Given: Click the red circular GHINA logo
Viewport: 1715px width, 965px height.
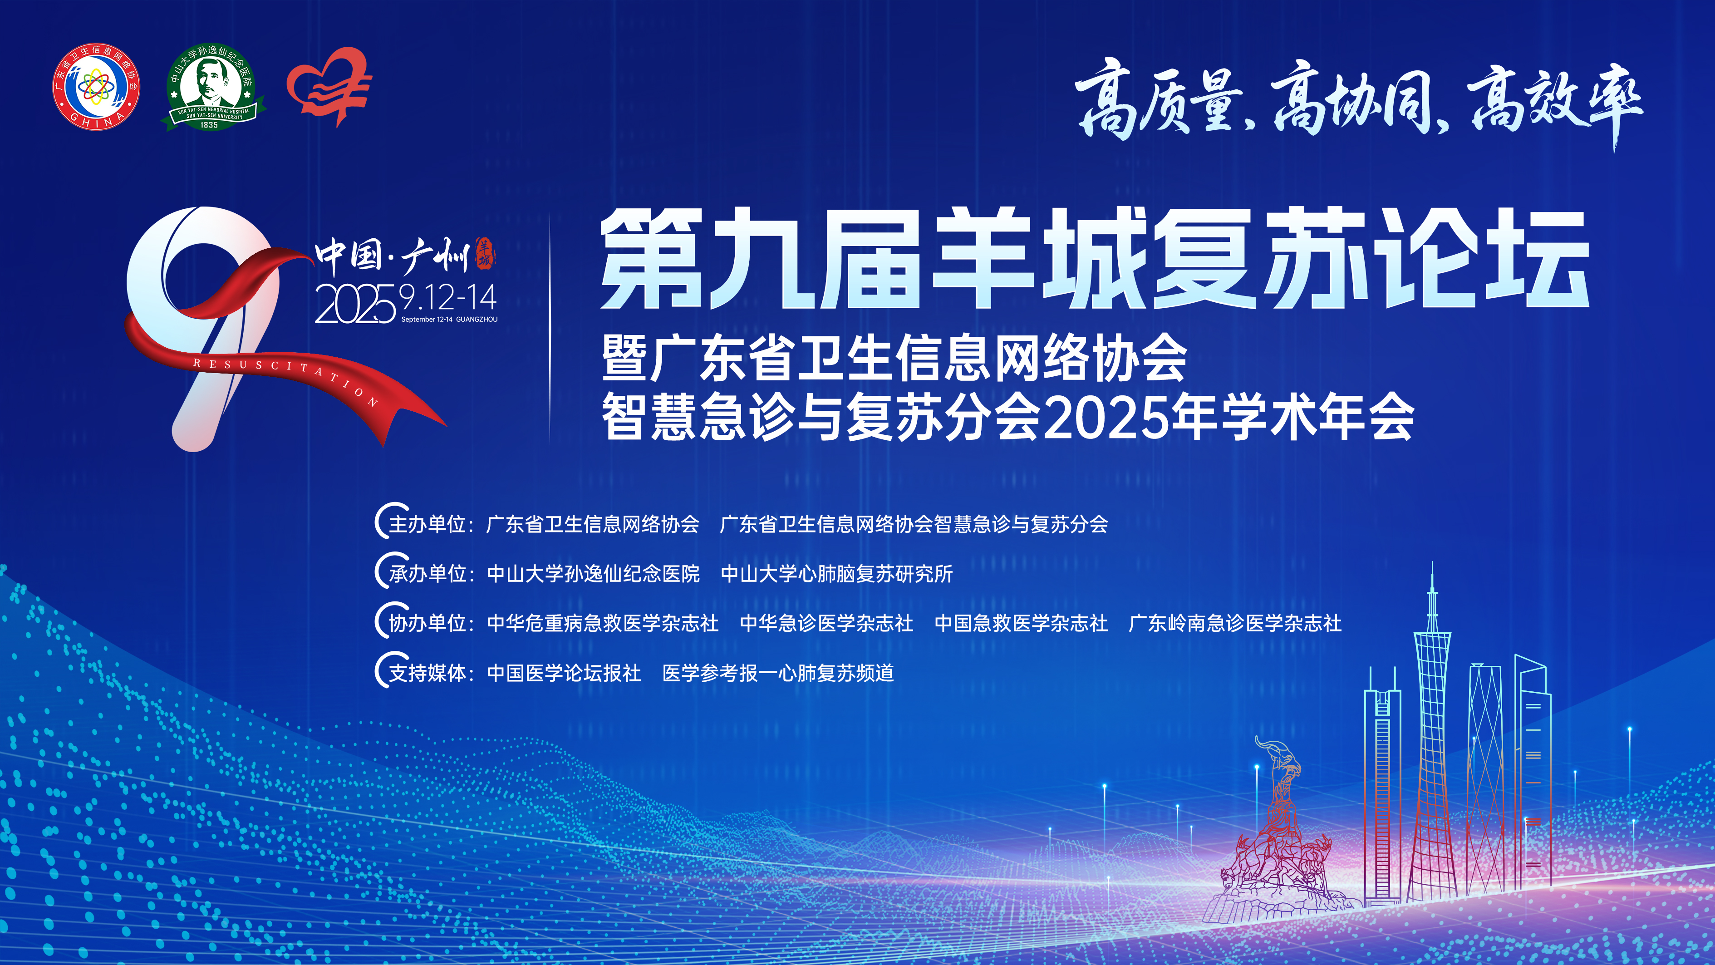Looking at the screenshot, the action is pos(97,87).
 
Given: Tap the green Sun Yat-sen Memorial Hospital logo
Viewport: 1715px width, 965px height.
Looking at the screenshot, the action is pos(212,87).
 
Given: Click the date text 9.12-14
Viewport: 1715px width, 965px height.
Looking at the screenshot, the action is pos(448,298).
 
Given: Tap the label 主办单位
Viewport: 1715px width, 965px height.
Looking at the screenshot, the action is pos(427,524).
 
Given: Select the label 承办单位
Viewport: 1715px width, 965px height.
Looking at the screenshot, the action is pos(427,573).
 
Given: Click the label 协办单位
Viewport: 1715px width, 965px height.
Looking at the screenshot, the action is pos(427,623).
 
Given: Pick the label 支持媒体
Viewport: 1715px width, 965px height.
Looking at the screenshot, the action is pos(427,673).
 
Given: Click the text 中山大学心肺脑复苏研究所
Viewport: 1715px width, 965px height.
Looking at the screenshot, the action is pos(837,573).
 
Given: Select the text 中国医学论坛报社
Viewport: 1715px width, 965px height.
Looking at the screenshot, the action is pos(564,673).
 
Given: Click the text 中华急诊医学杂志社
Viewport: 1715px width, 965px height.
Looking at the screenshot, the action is pos(826,623).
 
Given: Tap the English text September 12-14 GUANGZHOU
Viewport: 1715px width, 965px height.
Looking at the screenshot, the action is pos(449,320).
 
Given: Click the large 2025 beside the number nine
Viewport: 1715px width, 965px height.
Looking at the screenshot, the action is pos(355,305).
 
